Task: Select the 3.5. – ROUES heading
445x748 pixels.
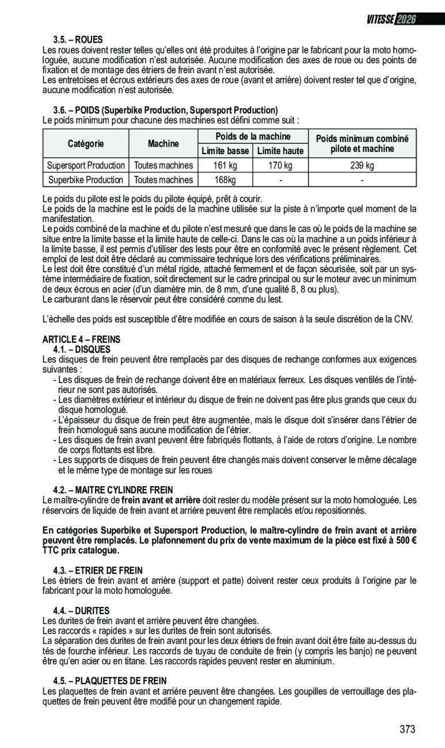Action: [x=78, y=40]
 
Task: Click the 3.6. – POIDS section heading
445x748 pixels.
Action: [x=165, y=110]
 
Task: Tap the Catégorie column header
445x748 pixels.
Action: [x=86, y=143]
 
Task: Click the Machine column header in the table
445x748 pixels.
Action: [x=163, y=143]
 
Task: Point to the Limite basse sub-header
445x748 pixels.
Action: [x=225, y=151]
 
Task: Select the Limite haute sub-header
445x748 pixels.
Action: [x=280, y=151]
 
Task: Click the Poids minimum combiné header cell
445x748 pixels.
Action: [x=362, y=144]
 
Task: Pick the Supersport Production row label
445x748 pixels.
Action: [x=86, y=166]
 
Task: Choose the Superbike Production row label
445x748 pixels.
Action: [x=86, y=180]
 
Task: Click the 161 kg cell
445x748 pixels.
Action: [x=225, y=166]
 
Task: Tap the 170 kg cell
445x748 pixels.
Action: [x=280, y=166]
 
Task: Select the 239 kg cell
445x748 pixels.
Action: [x=362, y=166]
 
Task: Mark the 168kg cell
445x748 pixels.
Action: [x=225, y=180]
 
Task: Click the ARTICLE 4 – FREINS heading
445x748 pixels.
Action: [x=82, y=339]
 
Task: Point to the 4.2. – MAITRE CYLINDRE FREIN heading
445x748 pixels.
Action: [x=113, y=490]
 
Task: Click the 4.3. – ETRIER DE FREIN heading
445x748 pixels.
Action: [x=98, y=570]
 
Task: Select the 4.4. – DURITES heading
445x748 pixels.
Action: [x=81, y=610]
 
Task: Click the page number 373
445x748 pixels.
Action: [x=407, y=730]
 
